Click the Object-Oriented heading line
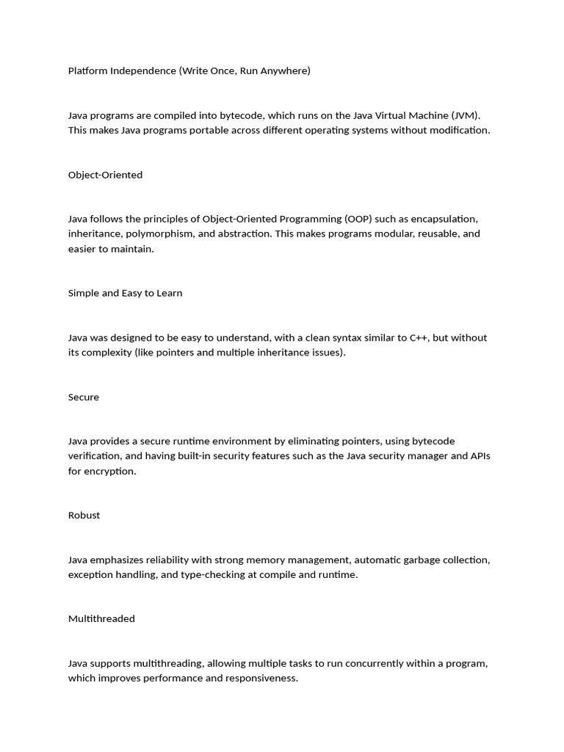pyautogui.click(x=105, y=175)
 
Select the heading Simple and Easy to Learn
pyautogui.click(x=125, y=293)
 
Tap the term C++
pyautogui.click(x=420, y=338)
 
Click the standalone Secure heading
pyautogui.click(x=84, y=397)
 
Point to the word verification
pyautogui.click(x=97, y=456)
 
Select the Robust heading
pyautogui.click(x=84, y=516)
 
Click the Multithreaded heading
pyautogui.click(x=101, y=619)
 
